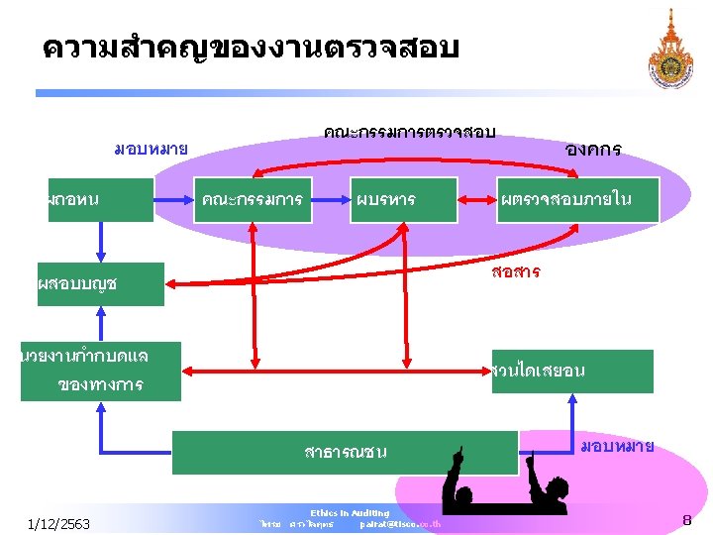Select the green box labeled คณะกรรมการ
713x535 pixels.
click(x=252, y=200)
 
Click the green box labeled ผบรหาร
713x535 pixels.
click(x=403, y=200)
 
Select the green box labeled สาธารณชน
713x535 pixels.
click(x=346, y=452)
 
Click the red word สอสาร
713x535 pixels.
click(x=515, y=271)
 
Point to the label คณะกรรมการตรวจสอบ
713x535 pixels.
click(x=409, y=132)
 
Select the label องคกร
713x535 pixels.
click(x=592, y=150)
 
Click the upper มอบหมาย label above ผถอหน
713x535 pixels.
click(x=151, y=150)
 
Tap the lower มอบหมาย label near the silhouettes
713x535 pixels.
click(x=616, y=446)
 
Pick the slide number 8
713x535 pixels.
click(x=686, y=520)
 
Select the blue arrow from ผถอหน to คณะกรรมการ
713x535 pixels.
click(x=173, y=200)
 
